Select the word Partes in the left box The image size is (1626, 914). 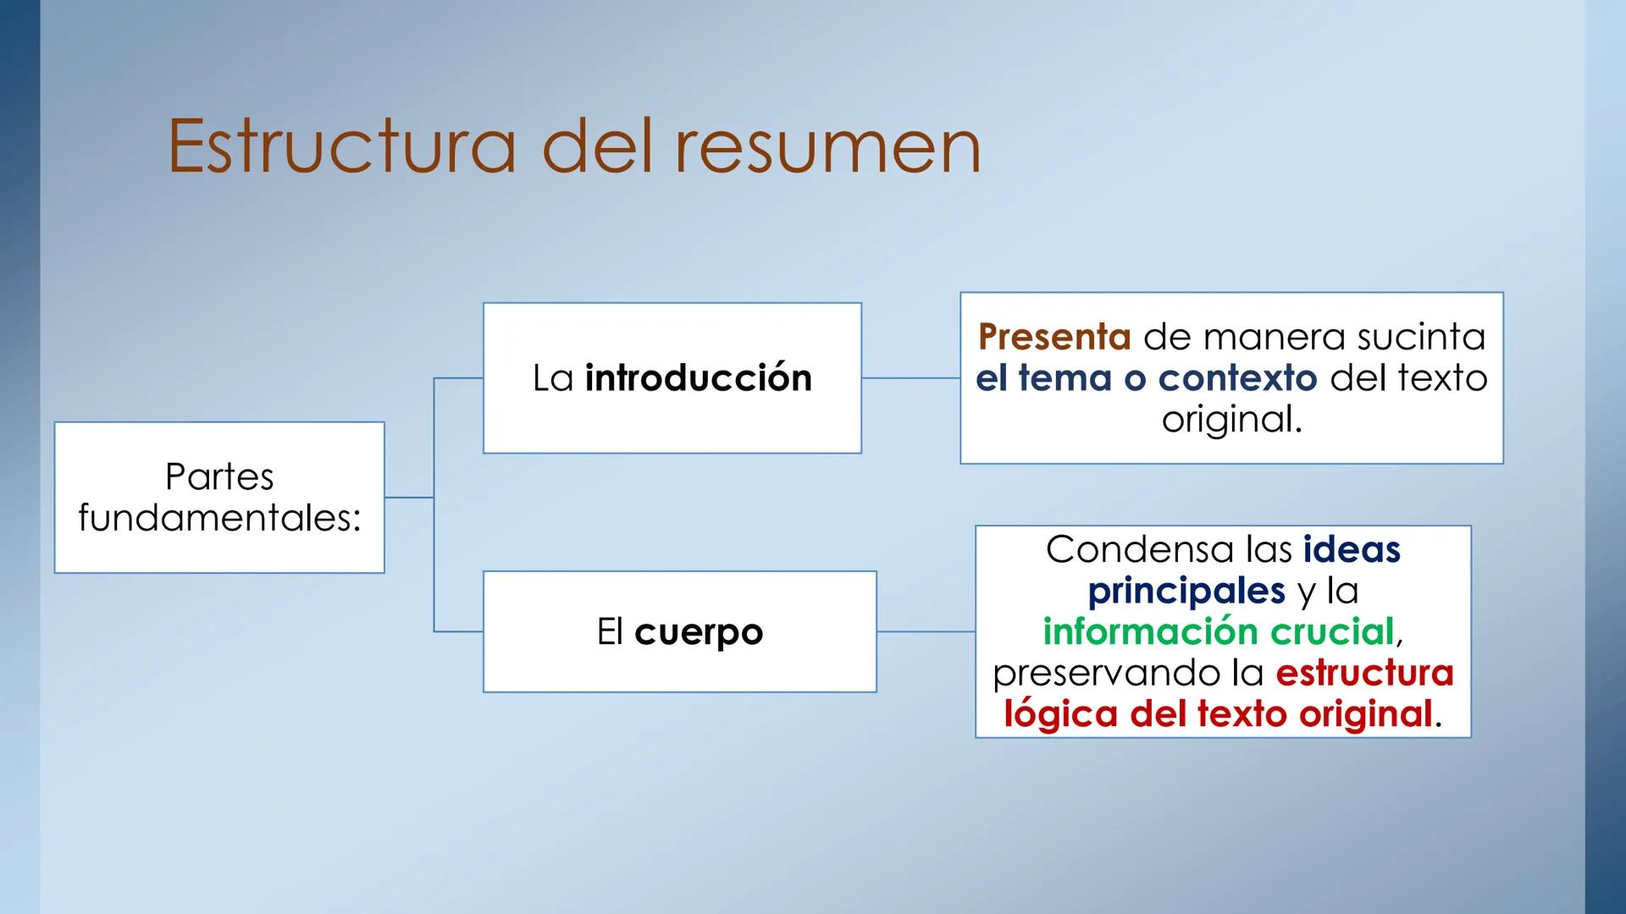(x=219, y=477)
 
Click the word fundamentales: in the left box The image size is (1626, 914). (x=219, y=518)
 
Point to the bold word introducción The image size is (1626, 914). (x=698, y=377)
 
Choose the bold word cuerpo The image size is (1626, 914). (x=699, y=632)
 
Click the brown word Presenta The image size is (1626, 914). (x=1054, y=337)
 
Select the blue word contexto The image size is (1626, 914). (x=1237, y=377)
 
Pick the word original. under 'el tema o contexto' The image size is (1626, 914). (x=1231, y=419)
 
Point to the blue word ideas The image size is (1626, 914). (x=1352, y=549)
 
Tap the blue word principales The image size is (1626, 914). (x=1186, y=591)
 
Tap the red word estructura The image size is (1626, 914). (x=1364, y=673)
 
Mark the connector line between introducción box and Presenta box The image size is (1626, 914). (x=910, y=378)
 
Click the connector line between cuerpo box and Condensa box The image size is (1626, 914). (x=926, y=631)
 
